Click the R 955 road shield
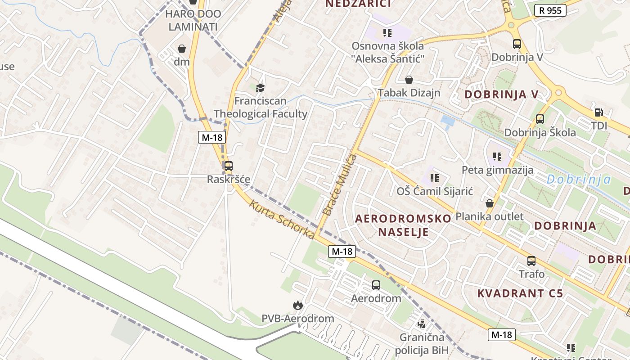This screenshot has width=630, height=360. pos(550,10)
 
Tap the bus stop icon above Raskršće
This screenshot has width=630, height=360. pos(229,166)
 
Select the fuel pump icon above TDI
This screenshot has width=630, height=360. pos(598,112)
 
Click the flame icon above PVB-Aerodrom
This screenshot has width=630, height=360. pos(297,306)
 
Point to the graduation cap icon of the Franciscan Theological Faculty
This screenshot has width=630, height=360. pos(260,87)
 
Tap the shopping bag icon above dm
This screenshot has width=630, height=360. pos(182,49)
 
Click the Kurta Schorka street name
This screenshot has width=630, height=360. pos(282,220)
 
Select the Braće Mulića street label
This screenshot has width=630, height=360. pos(340,184)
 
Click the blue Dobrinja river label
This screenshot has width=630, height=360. pos(579,180)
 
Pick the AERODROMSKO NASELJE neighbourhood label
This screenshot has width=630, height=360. pos(403,225)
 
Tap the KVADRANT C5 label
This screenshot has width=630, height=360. pos(520,293)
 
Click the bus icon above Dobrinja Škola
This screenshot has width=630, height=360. pos(540,119)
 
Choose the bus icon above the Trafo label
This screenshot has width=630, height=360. pos(531,261)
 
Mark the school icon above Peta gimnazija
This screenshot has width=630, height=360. pos(497,157)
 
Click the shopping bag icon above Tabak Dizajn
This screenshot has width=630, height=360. pos(409,80)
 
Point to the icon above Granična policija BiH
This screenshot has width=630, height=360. pos(422,323)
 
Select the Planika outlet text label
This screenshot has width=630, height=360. pos(490,216)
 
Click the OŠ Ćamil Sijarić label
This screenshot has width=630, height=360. pos(435,191)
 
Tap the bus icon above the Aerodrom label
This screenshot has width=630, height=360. pos(376,285)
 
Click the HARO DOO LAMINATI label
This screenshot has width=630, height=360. pos(193,20)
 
